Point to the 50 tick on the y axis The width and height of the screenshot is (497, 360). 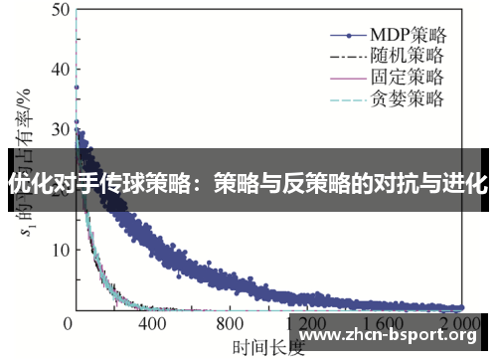click(x=56, y=9)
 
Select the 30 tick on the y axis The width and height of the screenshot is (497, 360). click(x=56, y=129)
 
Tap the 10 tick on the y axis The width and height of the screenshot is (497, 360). click(x=56, y=250)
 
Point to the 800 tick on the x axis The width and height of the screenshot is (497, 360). click(x=230, y=324)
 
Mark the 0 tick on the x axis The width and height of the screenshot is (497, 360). click(x=70, y=324)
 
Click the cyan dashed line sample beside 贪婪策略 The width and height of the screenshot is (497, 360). click(x=335, y=98)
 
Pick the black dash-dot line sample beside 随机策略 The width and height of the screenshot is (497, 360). click(x=335, y=53)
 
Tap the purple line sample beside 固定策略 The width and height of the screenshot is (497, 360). click(x=335, y=76)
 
